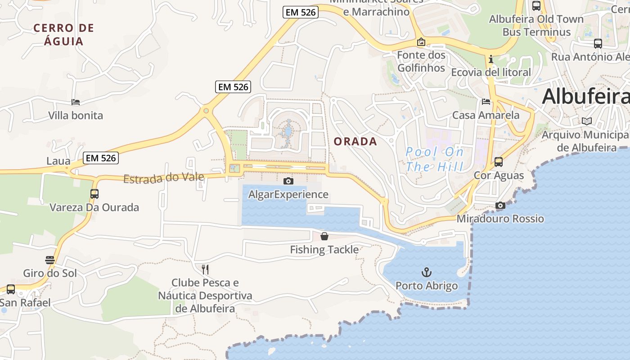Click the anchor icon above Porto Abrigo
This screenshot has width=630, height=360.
426,272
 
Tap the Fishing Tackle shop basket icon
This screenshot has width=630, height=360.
324,236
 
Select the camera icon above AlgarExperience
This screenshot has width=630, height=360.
288,181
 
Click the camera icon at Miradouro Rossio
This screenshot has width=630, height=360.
500,205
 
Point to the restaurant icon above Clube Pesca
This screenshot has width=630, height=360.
205,269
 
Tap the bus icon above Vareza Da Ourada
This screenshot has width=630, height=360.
94,194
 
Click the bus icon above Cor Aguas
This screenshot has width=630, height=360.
499,162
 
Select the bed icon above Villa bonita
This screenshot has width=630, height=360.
76,102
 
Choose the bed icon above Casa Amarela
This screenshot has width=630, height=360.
486,102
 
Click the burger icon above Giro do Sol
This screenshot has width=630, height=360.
50,260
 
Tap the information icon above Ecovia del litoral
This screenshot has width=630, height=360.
490,59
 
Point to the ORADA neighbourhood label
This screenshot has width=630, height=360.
355,142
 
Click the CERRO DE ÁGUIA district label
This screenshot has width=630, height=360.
64,35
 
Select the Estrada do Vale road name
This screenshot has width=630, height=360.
164,178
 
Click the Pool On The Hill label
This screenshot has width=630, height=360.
434,159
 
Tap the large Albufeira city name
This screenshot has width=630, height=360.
585,97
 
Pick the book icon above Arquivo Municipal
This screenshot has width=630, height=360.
587,121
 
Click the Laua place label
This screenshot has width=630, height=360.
58,161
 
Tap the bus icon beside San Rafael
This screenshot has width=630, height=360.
11,289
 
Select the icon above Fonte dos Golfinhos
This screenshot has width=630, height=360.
421,42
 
